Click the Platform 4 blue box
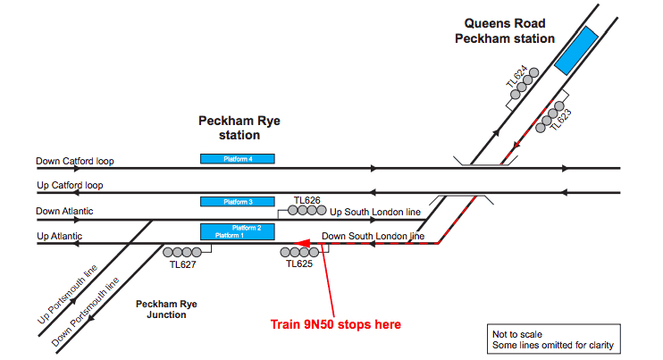click(238, 159)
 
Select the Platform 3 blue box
click(238, 202)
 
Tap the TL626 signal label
click(306, 200)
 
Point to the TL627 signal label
click(182, 265)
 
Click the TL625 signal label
click(299, 265)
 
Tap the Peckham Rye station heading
click(229, 127)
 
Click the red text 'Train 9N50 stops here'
click(335, 323)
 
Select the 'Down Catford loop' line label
click(75, 162)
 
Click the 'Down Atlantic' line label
click(65, 212)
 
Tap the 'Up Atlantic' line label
click(60, 237)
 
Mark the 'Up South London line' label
click(375, 213)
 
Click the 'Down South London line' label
click(373, 237)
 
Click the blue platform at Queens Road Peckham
click(575, 50)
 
